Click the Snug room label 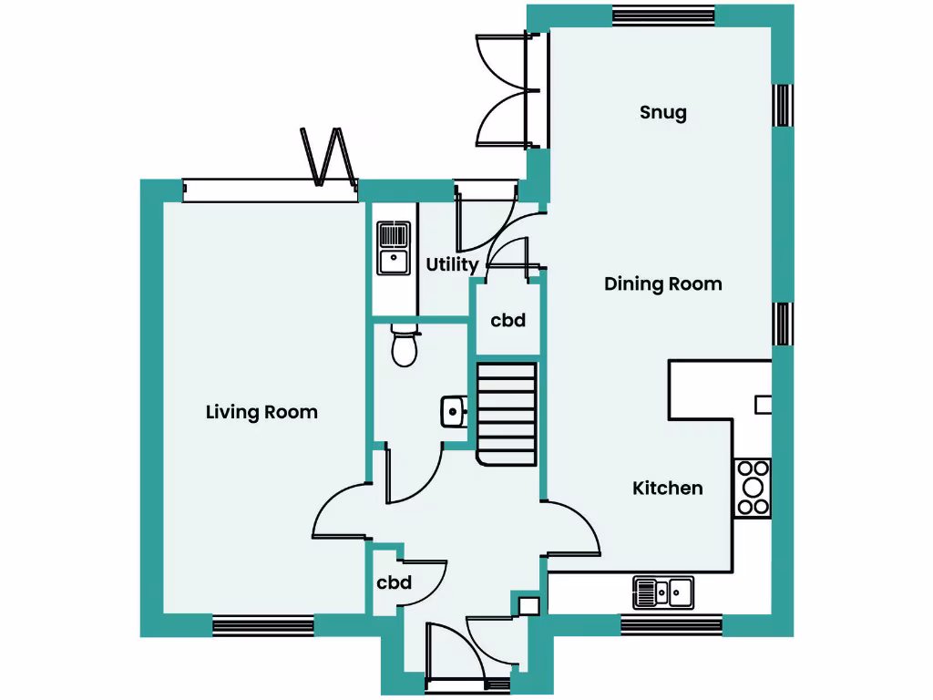(x=662, y=113)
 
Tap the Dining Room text (x=662, y=284)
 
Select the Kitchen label (x=668, y=489)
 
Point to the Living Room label (x=261, y=412)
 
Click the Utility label (x=452, y=265)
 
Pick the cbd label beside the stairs (x=508, y=321)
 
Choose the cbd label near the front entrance (x=395, y=583)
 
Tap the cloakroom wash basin (x=453, y=412)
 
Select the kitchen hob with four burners (x=753, y=488)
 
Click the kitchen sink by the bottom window (x=662, y=592)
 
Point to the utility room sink (x=394, y=247)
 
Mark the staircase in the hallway (x=507, y=412)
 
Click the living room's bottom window (x=263, y=625)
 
